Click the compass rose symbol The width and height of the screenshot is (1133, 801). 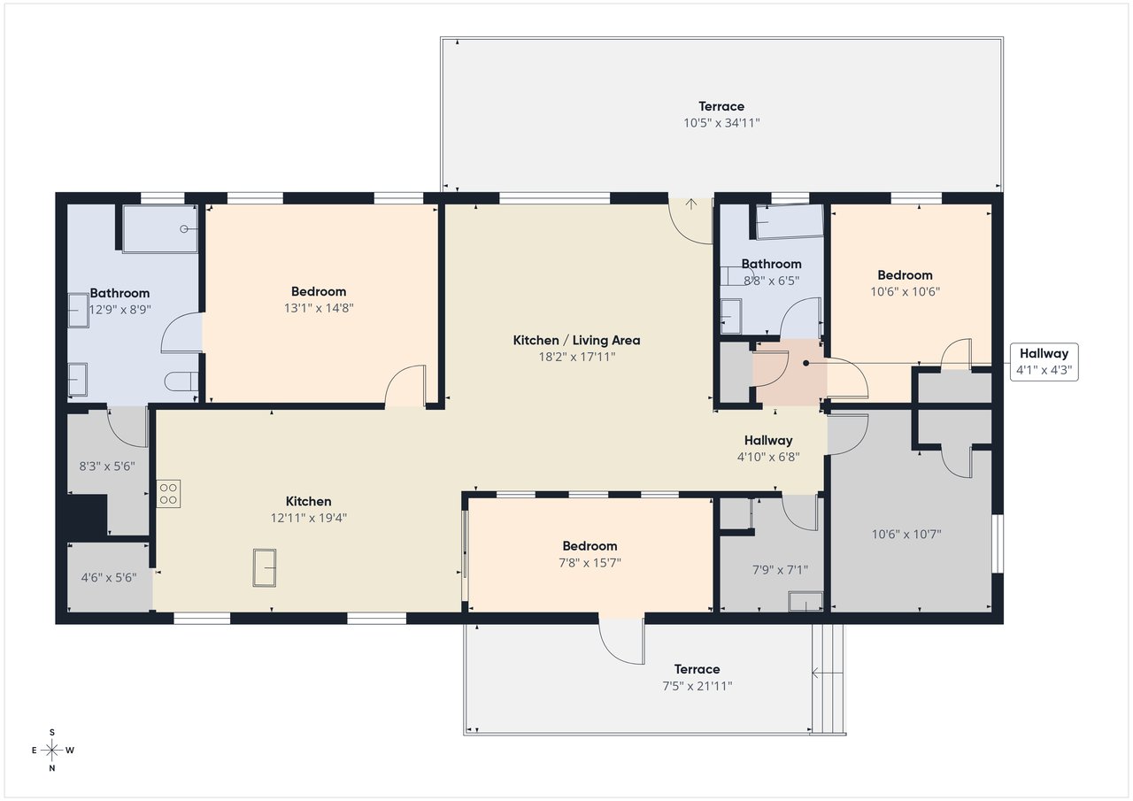click(x=51, y=750)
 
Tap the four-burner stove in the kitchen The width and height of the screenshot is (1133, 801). click(x=168, y=494)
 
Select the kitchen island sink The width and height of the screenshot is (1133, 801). click(x=265, y=568)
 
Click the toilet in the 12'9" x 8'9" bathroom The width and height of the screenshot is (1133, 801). click(x=182, y=381)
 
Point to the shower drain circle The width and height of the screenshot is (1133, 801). click(x=183, y=229)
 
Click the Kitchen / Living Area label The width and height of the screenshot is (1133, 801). click(x=576, y=341)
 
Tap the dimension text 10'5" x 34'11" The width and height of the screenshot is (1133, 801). click(x=721, y=123)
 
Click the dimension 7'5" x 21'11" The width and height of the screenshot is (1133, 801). click(x=698, y=686)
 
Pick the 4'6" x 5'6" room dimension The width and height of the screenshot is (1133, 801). click(x=109, y=577)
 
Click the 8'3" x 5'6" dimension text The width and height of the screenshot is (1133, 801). click(x=107, y=466)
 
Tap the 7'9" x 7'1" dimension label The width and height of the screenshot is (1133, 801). click(x=780, y=570)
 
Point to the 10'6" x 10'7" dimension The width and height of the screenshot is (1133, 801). click(x=906, y=534)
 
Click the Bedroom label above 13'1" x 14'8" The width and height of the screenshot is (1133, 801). click(x=319, y=292)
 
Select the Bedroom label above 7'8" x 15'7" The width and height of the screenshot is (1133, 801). click(x=590, y=546)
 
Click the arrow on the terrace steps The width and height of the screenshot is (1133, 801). click(x=827, y=673)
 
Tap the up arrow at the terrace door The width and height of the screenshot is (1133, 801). click(x=691, y=204)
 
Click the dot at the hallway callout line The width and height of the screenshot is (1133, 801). click(x=806, y=363)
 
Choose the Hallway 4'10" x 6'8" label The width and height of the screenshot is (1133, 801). click(x=768, y=449)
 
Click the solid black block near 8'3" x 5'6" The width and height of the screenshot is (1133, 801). click(x=87, y=515)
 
